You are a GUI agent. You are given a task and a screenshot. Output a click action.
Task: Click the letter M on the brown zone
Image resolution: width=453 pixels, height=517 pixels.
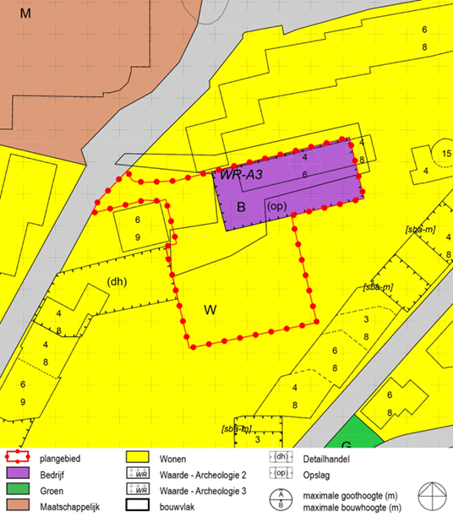[x=25, y=14]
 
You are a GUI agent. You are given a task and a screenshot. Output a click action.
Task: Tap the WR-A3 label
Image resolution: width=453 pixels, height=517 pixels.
[x=243, y=175]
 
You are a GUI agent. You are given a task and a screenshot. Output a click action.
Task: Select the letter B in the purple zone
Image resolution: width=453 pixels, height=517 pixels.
[x=241, y=207]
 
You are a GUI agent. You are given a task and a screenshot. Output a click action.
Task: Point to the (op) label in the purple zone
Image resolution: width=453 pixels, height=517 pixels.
[x=276, y=206]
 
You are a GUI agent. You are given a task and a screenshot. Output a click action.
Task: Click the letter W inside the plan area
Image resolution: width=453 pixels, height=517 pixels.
[x=210, y=310]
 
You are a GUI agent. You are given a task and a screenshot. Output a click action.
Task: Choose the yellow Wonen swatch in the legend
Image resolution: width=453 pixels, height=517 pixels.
[x=137, y=459]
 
